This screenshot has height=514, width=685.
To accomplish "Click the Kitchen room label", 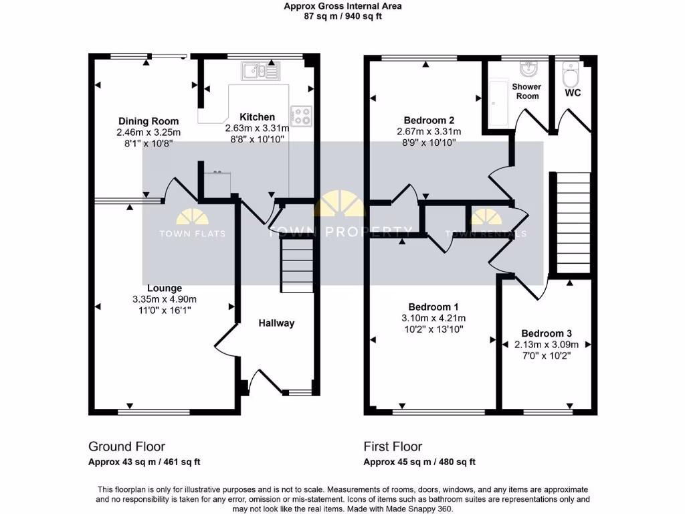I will (258, 117).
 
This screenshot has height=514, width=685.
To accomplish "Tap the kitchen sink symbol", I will (254, 69).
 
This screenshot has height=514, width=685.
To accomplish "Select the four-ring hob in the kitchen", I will (301, 116).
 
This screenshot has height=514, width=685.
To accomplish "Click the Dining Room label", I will (149, 121).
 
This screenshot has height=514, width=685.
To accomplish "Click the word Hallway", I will (276, 323).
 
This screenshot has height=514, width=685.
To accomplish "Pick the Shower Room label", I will (526, 91).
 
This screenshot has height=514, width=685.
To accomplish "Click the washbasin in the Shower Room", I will (528, 68).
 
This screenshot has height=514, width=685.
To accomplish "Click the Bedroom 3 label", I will (547, 333).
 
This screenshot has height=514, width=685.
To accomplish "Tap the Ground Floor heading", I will (126, 446).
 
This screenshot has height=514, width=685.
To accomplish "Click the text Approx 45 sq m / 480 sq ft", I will (419, 462).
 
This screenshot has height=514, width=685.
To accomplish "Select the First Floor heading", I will (393, 446).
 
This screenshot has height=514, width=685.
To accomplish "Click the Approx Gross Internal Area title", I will (342, 7).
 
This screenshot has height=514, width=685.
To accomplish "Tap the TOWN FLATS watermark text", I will (191, 234).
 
